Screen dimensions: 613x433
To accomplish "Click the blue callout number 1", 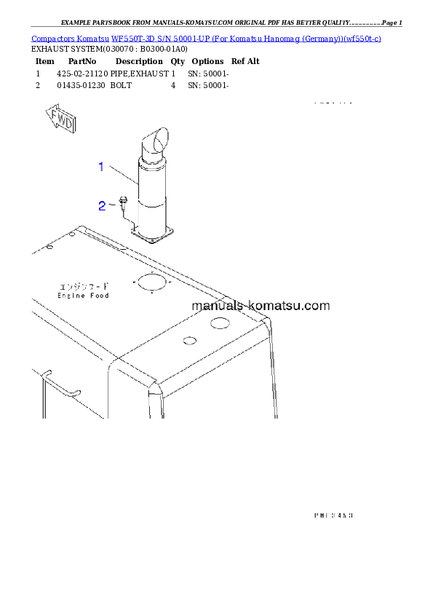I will (103, 167).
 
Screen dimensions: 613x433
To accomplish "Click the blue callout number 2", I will (103, 206).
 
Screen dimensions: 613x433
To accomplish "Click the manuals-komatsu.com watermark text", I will (261, 306).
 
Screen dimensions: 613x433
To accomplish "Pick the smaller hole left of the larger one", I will (188, 340).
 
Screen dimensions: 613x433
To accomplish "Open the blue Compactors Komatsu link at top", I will (206, 38).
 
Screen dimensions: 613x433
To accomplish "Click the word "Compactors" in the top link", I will (52, 38).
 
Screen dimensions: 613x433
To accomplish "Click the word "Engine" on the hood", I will (71, 295).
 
